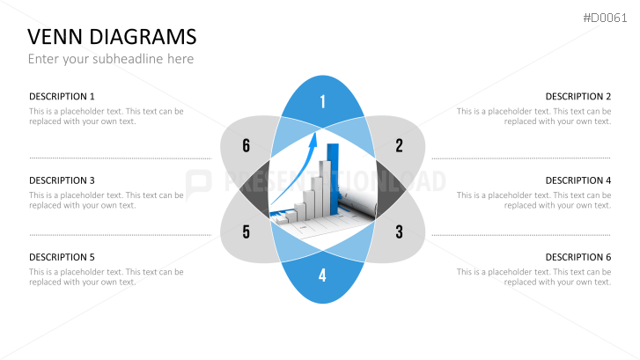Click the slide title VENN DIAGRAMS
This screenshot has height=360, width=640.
(112, 37)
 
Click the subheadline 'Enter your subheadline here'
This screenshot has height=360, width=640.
(111, 59)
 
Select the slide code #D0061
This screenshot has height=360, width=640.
(605, 18)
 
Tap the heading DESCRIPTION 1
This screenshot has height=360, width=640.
(62, 96)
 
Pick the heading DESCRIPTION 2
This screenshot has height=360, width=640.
(578, 96)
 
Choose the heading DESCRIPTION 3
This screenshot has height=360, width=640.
(62, 180)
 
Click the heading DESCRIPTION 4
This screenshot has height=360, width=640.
(578, 180)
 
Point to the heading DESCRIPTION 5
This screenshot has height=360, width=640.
(62, 257)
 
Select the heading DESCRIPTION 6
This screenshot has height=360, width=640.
(578, 257)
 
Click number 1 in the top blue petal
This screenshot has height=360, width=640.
(323, 101)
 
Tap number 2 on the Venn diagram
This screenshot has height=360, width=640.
(399, 146)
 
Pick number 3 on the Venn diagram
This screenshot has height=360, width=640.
(399, 231)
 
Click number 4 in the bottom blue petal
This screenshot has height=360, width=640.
(322, 276)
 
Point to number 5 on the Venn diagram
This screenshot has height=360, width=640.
(246, 231)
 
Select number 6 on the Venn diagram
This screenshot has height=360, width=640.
(246, 146)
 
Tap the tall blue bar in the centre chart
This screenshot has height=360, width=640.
(334, 179)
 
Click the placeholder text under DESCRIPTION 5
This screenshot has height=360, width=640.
(107, 276)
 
